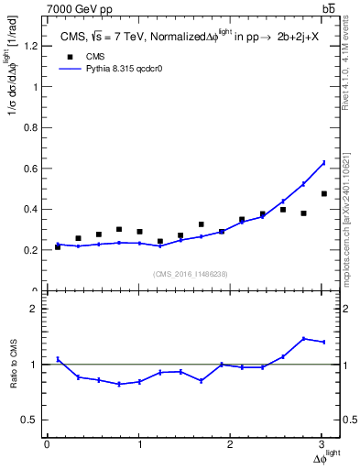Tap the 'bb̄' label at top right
click(x=328, y=8)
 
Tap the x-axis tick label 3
click(x=322, y=445)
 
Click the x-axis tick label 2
click(x=230, y=445)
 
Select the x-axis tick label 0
click(x=47, y=445)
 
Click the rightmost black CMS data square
click(x=324, y=193)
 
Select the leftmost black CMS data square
click(x=58, y=247)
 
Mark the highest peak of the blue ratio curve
click(x=304, y=338)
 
